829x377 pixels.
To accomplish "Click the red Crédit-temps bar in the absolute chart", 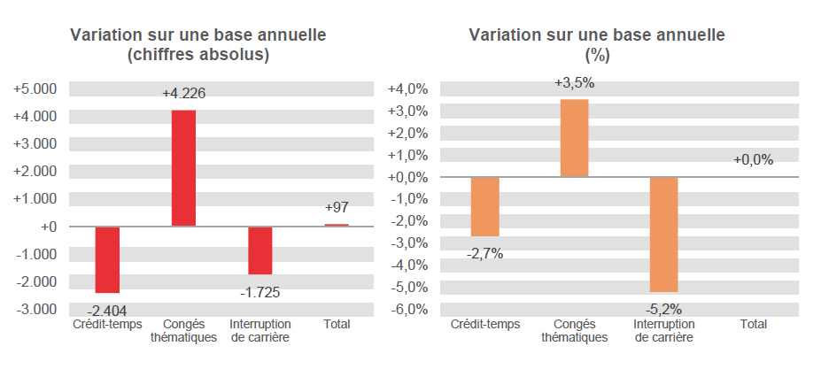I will [x=107, y=259].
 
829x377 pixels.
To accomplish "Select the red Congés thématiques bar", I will [x=183, y=168].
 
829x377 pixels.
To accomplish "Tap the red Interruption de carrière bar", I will [x=260, y=250].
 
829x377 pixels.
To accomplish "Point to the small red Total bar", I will [x=337, y=225].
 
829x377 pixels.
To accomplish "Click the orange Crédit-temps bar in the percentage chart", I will [x=484, y=207].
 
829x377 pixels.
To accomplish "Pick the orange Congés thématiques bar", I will [x=574, y=138].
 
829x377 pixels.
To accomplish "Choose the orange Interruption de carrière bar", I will [x=663, y=235].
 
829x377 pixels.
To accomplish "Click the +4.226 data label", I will [x=183, y=93].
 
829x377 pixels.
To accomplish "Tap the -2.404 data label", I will [x=108, y=310].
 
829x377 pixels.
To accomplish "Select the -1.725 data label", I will [x=260, y=291].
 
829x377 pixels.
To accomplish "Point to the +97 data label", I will [x=337, y=207].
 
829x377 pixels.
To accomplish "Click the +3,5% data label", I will [x=574, y=83].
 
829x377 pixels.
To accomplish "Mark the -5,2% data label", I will [x=663, y=309].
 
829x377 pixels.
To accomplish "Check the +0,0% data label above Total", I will [x=753, y=160].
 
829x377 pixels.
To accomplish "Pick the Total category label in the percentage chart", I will [x=753, y=324].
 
